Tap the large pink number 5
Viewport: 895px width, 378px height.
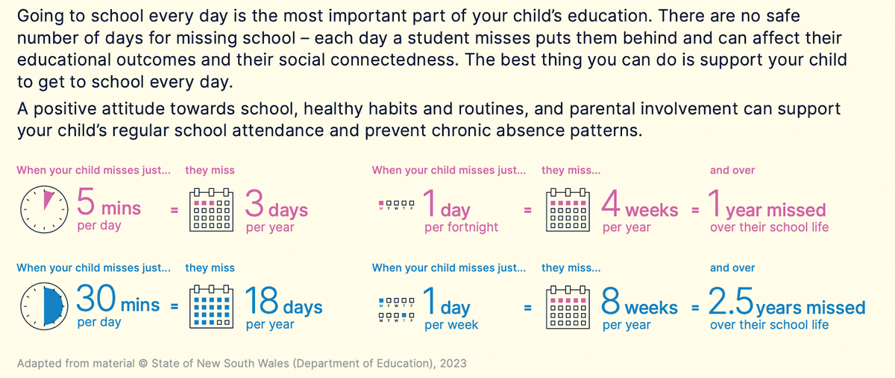coord(86,202)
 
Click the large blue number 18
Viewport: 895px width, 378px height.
coord(262,301)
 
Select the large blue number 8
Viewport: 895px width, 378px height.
coord(611,301)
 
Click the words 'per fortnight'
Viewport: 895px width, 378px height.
coord(461,227)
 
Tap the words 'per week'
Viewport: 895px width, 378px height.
coord(451,325)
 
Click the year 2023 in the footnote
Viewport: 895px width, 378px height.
coord(452,363)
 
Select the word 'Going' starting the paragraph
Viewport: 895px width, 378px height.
coord(38,16)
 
